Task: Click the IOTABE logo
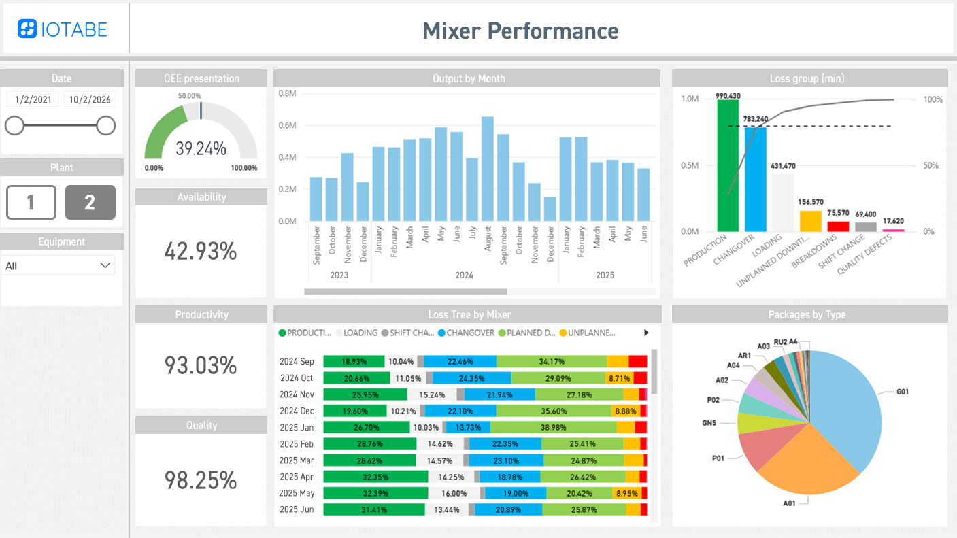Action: [63, 29]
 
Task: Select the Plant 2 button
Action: [90, 202]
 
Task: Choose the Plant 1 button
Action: [31, 202]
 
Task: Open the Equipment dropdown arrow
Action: [105, 265]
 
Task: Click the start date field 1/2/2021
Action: [33, 99]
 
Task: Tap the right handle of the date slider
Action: [105, 125]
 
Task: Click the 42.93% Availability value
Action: [201, 252]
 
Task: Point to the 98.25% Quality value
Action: [201, 480]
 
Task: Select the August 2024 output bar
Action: [488, 170]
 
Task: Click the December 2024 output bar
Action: [550, 209]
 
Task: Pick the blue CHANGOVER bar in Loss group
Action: [755, 179]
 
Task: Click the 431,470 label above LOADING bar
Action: [782, 166]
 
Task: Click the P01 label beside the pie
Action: [718, 458]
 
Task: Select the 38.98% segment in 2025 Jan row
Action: [552, 427]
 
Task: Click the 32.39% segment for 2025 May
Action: [375, 493]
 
